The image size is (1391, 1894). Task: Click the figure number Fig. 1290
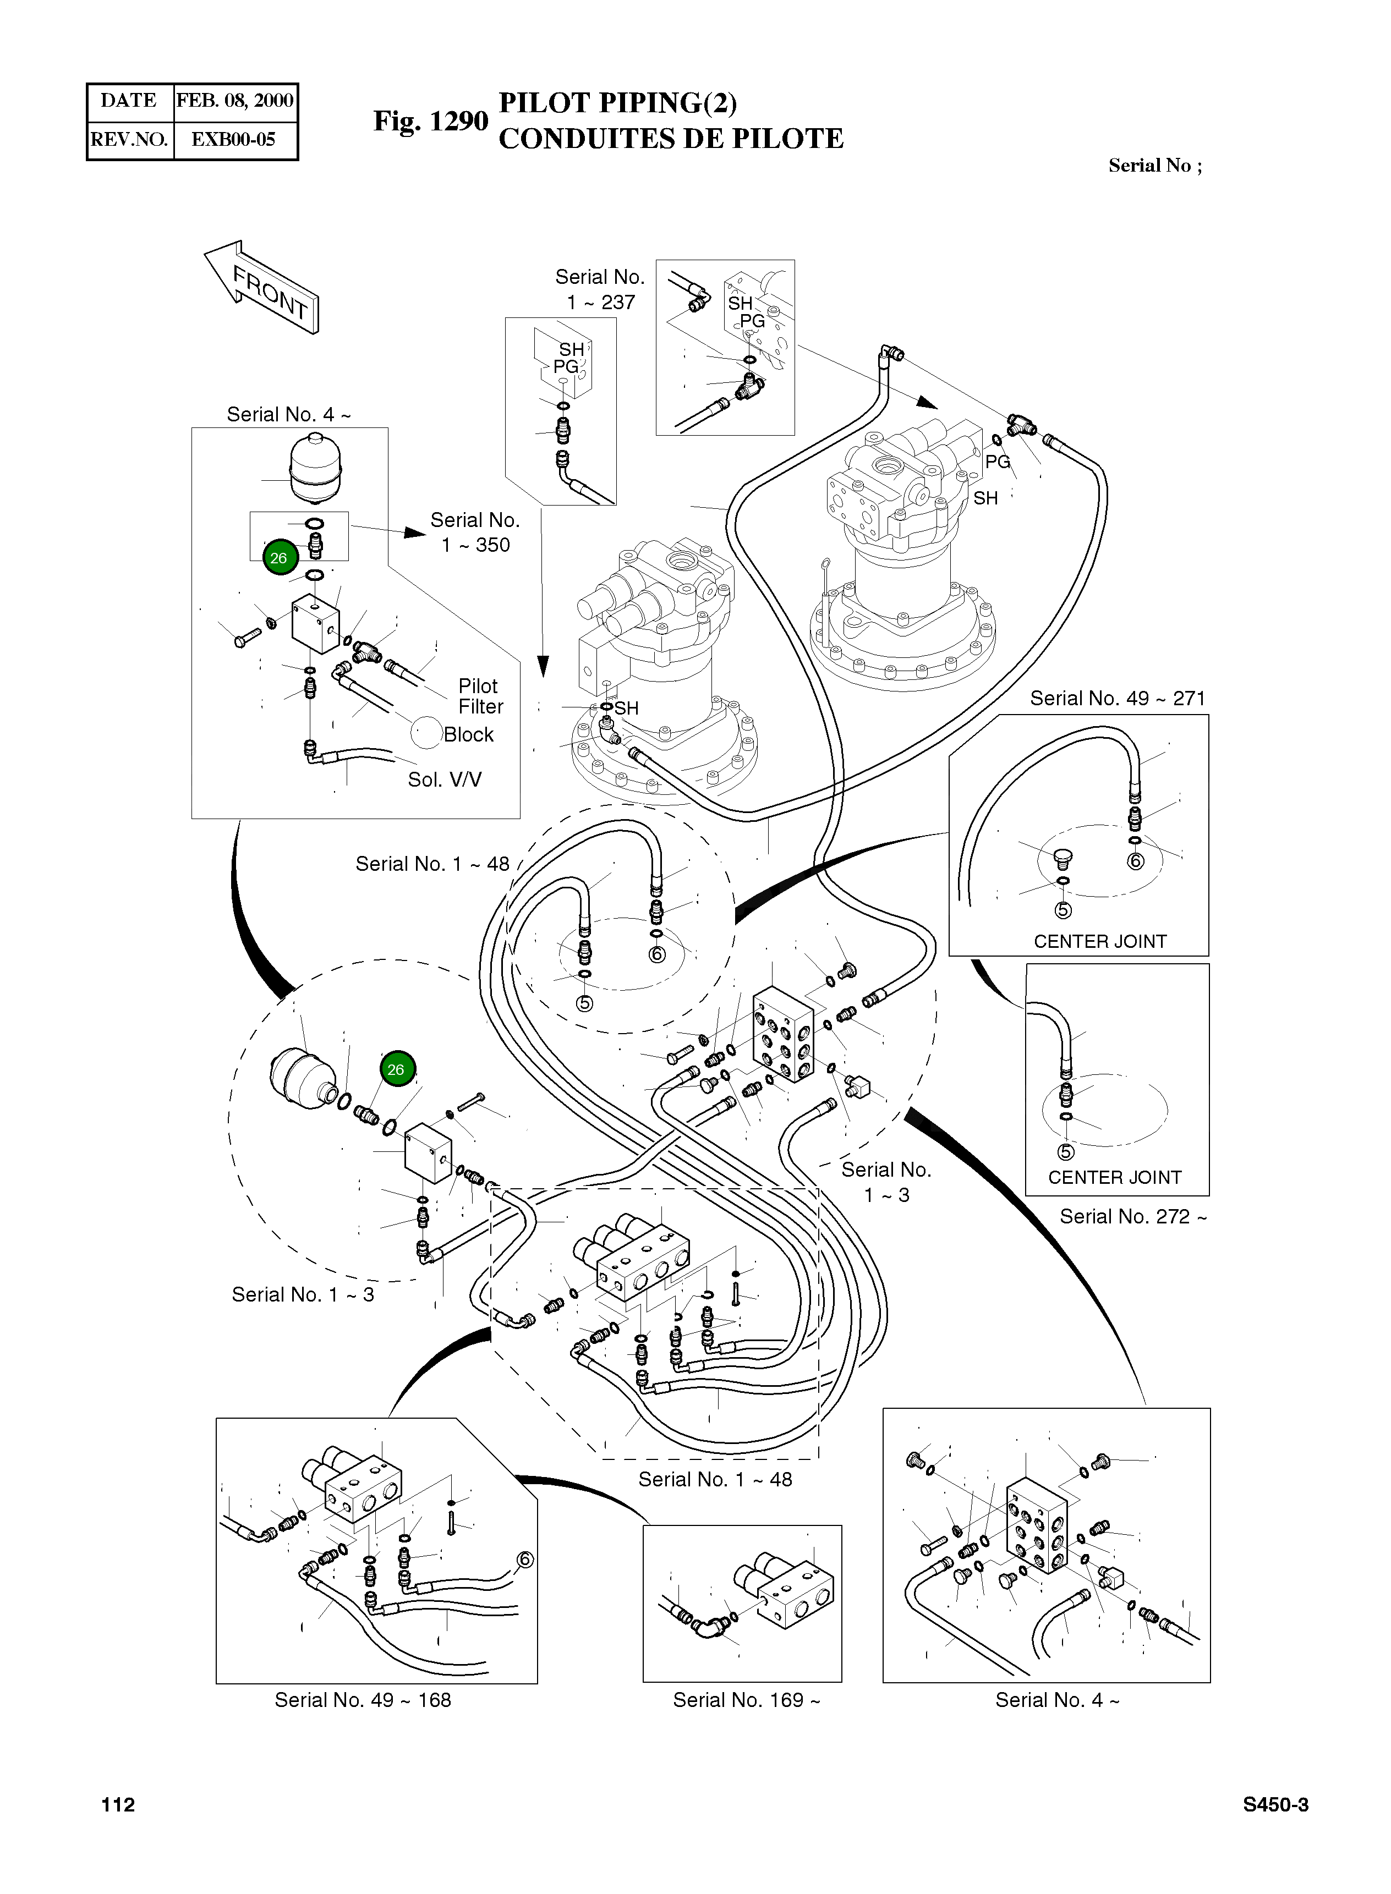pos(430,121)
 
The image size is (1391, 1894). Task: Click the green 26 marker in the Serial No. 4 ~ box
pos(279,557)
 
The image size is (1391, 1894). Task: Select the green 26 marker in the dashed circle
pos(396,1069)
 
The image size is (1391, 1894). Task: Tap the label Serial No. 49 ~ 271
pos(1118,698)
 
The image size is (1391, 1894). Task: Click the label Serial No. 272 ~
pos(1132,1216)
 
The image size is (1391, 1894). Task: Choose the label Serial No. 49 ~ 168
pos(363,1700)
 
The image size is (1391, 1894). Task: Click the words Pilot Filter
pos(480,696)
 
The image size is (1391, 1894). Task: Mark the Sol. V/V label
pos(445,779)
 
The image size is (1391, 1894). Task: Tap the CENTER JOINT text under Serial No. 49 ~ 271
pos(1100,941)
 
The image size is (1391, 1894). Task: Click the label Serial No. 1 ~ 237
pos(600,289)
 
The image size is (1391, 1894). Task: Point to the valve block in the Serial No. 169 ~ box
pos(795,1594)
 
